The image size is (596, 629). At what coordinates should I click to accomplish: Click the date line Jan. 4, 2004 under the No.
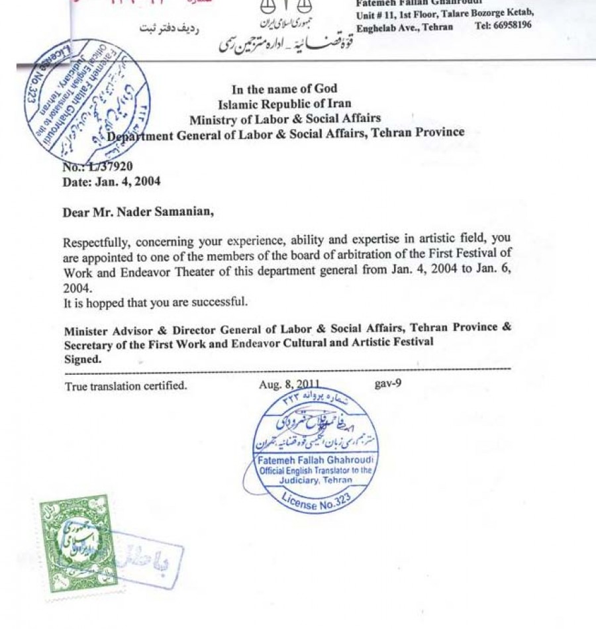pos(111,181)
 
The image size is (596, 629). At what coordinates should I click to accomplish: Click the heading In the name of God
pos(284,89)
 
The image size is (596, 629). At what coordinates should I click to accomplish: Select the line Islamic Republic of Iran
pos(285,104)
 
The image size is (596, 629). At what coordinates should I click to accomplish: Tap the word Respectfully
pos(96,240)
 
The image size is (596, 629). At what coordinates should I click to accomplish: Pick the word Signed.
pos(83,359)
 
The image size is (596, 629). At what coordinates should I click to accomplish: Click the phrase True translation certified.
pos(126,385)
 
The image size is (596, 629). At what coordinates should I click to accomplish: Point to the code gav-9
pos(387,383)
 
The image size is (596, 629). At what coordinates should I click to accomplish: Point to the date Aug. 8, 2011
pos(289,385)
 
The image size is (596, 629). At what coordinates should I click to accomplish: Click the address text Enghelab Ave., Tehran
pos(405,27)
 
